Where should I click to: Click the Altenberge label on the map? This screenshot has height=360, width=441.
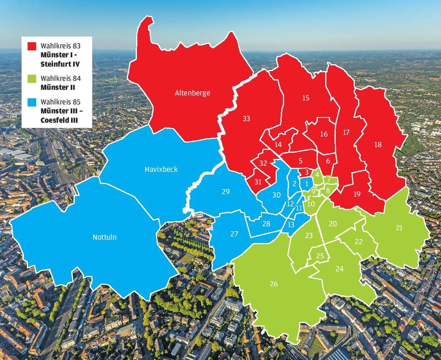click(193, 93)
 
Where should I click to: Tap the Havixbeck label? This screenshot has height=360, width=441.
click(161, 169)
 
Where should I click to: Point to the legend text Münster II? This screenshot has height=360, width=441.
click(58, 87)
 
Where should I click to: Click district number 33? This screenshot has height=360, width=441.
click(246, 118)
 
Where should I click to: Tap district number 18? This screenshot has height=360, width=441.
click(378, 145)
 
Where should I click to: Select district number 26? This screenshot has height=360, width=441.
click(273, 284)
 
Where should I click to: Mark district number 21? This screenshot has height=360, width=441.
click(399, 228)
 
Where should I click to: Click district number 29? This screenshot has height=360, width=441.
click(226, 192)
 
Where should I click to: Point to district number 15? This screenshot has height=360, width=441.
click(306, 98)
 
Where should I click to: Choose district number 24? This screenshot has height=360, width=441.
click(339, 269)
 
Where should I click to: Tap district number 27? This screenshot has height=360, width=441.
click(234, 234)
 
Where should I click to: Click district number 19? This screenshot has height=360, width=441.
click(357, 194)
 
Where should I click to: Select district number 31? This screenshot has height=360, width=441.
click(258, 182)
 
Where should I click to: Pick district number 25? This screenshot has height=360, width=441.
click(320, 255)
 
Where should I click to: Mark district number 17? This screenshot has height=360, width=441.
click(346, 133)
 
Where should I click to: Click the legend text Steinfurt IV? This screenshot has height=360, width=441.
click(60, 64)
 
